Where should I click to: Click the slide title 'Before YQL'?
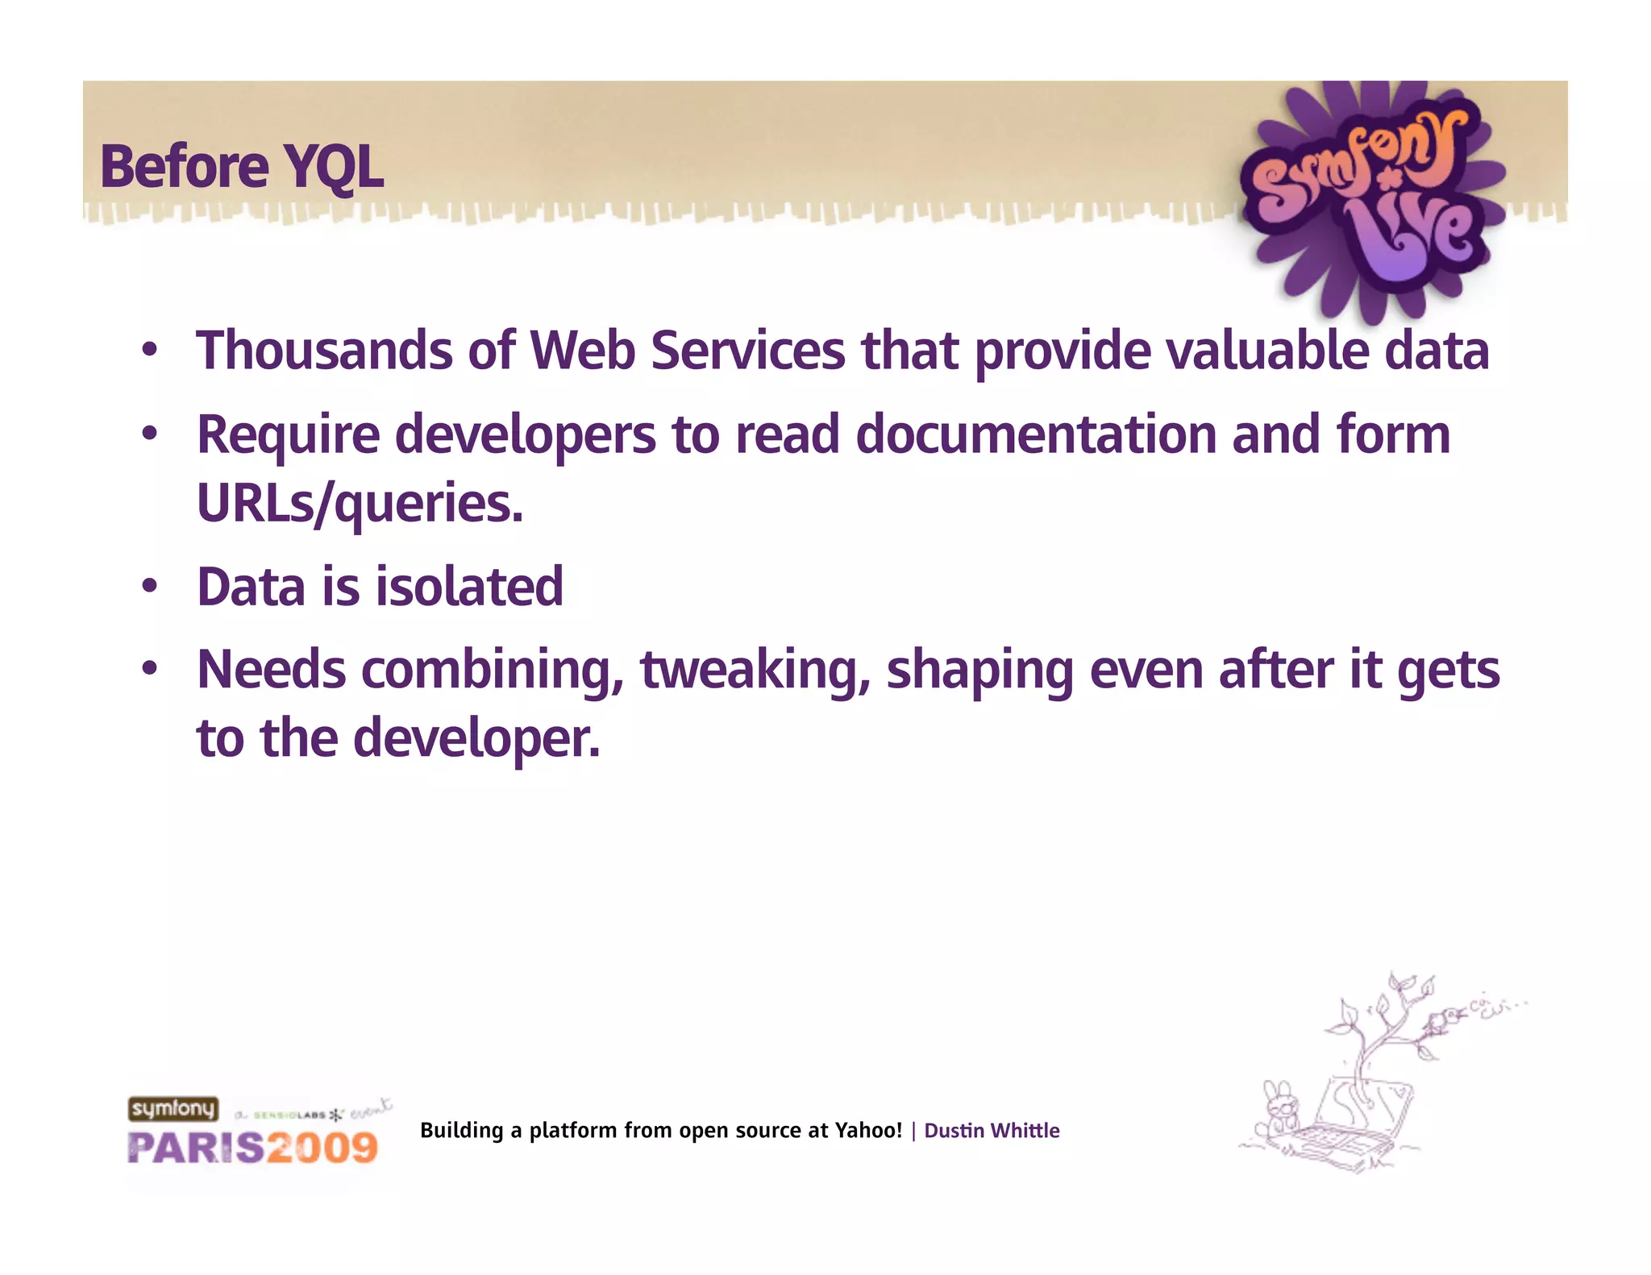point(242,167)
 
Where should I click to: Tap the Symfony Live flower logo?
point(1370,197)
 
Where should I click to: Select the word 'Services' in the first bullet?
point(747,351)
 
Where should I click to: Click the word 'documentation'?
point(1035,435)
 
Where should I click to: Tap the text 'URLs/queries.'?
point(360,504)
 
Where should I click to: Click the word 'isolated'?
point(469,587)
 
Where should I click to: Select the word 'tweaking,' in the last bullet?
point(755,671)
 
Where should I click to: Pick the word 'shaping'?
point(979,671)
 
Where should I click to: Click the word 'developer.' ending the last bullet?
point(476,738)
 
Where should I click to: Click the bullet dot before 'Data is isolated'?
point(148,587)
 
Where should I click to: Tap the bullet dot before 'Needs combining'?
point(148,670)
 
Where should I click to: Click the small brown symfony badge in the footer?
point(173,1109)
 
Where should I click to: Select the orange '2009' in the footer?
point(322,1148)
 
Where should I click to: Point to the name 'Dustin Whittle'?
point(992,1131)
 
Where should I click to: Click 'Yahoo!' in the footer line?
point(868,1131)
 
